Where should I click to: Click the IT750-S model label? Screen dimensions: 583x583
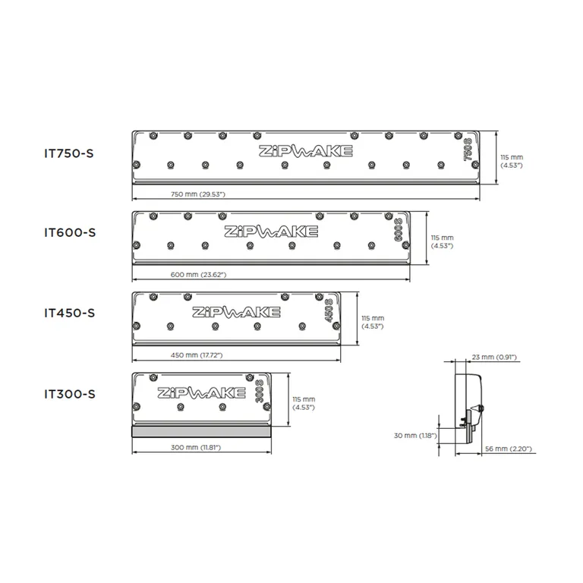click(x=69, y=153)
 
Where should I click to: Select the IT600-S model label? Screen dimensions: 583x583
click(x=70, y=233)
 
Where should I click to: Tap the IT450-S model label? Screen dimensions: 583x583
click(x=70, y=313)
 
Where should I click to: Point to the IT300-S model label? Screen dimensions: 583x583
click(x=70, y=394)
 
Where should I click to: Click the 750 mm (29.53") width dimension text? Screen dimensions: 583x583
click(x=198, y=194)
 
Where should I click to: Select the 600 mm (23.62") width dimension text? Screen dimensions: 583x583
click(x=198, y=275)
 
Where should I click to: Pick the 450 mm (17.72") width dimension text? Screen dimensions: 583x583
click(x=197, y=355)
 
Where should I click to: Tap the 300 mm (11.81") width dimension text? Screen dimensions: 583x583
click(x=196, y=447)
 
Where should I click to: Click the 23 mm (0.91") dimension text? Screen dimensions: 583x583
click(x=494, y=357)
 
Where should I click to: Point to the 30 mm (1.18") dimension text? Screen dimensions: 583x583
click(x=415, y=436)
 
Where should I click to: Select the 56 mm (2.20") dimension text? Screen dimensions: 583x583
click(x=509, y=449)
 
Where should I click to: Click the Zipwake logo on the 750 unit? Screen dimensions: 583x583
click(x=306, y=151)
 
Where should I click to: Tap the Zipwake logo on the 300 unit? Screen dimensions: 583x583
click(x=201, y=392)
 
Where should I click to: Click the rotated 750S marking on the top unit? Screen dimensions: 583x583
click(x=468, y=150)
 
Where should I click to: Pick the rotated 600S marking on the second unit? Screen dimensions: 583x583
click(x=398, y=230)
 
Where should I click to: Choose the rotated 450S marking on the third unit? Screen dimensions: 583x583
click(x=329, y=310)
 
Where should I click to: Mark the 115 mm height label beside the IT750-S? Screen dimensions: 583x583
click(x=512, y=162)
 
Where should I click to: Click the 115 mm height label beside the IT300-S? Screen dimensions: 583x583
click(x=304, y=403)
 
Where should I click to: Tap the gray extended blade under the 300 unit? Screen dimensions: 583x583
click(x=201, y=431)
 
